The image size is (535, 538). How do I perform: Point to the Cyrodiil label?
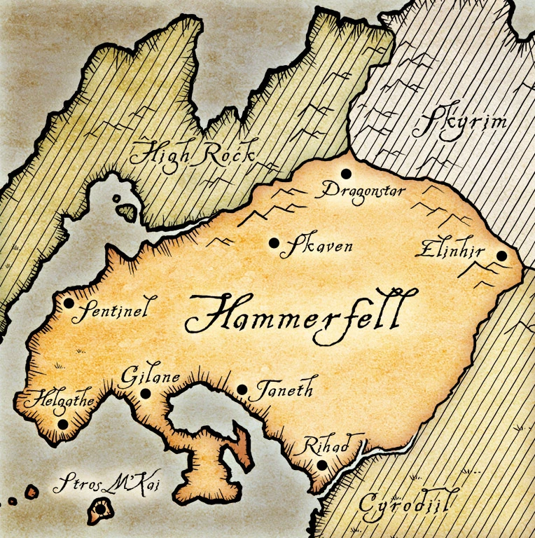click(406, 504)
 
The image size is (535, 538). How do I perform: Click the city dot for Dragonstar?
click(345, 173)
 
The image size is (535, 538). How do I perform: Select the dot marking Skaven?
click(273, 243)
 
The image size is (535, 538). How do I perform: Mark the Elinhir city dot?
click(501, 256)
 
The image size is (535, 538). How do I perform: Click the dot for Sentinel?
click(69, 303)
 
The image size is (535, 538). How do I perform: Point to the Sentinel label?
click(114, 310)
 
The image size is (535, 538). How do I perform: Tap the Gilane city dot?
click(146, 393)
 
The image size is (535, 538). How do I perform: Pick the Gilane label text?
click(150, 377)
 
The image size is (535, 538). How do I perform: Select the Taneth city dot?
click(242, 389)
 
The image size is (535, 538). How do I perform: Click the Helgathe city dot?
click(63, 424)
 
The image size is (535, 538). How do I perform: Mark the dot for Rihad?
click(321, 464)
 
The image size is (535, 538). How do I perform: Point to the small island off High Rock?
click(127, 209)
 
